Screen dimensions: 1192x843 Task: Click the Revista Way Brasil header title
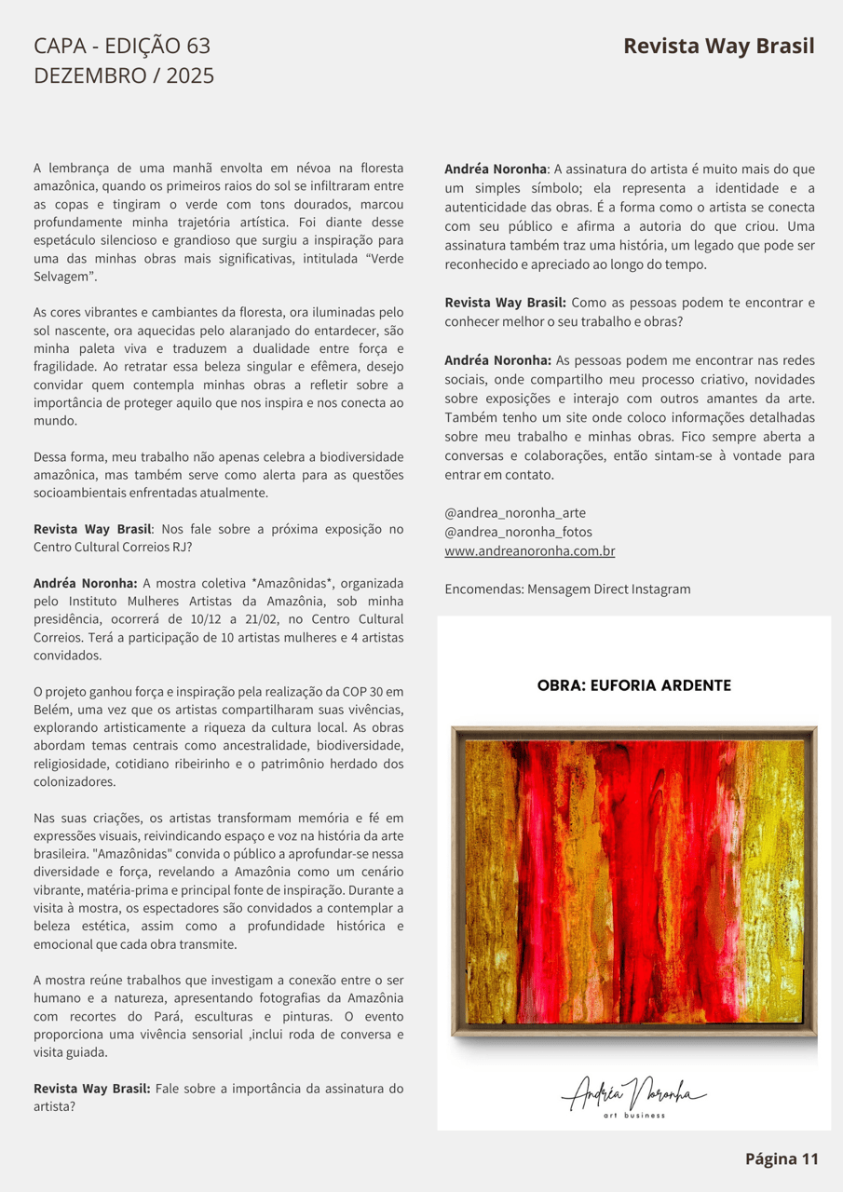[x=718, y=47]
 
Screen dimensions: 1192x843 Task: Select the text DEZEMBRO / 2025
[x=124, y=75]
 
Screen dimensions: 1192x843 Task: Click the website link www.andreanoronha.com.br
[x=529, y=551]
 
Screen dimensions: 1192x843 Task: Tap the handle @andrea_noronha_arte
[x=515, y=513]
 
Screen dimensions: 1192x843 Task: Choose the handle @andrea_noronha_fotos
[x=518, y=532]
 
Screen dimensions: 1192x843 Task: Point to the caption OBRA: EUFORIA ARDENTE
[x=633, y=686]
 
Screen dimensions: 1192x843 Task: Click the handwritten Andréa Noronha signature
[x=633, y=1091]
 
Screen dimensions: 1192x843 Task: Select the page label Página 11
[x=781, y=1158]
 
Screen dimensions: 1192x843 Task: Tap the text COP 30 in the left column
[x=363, y=691]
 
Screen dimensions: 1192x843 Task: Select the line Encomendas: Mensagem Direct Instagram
[x=567, y=589]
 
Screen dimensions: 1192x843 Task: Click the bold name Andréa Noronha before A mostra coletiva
[x=85, y=583]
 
